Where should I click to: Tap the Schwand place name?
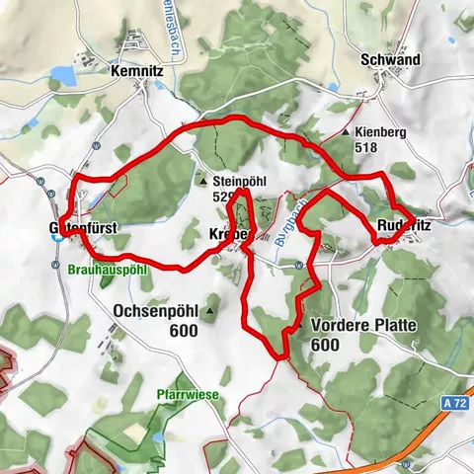391,60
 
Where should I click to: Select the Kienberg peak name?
380,131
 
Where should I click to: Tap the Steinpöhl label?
242,182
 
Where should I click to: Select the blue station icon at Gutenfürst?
58,236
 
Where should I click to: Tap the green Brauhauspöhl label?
109,268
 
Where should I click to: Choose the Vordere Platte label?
362,326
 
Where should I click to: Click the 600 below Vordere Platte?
326,345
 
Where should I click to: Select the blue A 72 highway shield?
453,403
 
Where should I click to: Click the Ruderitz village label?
404,223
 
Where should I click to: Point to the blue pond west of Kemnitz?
61,74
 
